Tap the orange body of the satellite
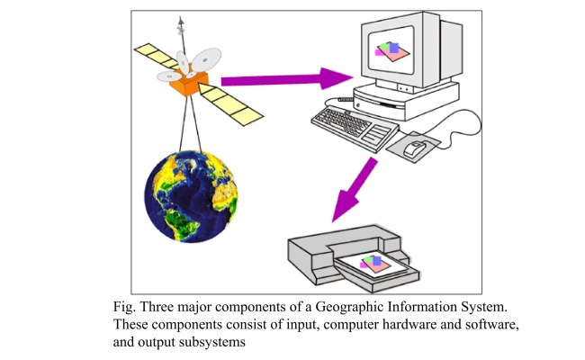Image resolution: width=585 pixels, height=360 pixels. point(191,85)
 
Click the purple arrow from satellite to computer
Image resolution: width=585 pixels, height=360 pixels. point(280,81)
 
